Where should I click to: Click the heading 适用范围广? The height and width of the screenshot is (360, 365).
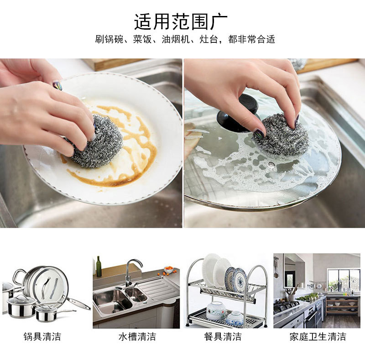tap(181, 21)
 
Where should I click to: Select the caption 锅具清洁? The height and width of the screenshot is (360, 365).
tap(42, 337)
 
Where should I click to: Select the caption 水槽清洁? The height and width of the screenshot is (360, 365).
tap(137, 337)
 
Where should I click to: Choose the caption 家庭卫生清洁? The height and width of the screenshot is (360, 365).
tap(318, 337)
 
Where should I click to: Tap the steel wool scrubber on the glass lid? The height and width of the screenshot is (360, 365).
tap(281, 135)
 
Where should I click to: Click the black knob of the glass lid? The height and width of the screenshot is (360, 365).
tap(237, 114)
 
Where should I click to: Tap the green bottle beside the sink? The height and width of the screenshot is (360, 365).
tap(99, 266)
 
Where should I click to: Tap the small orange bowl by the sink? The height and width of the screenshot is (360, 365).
tap(168, 270)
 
